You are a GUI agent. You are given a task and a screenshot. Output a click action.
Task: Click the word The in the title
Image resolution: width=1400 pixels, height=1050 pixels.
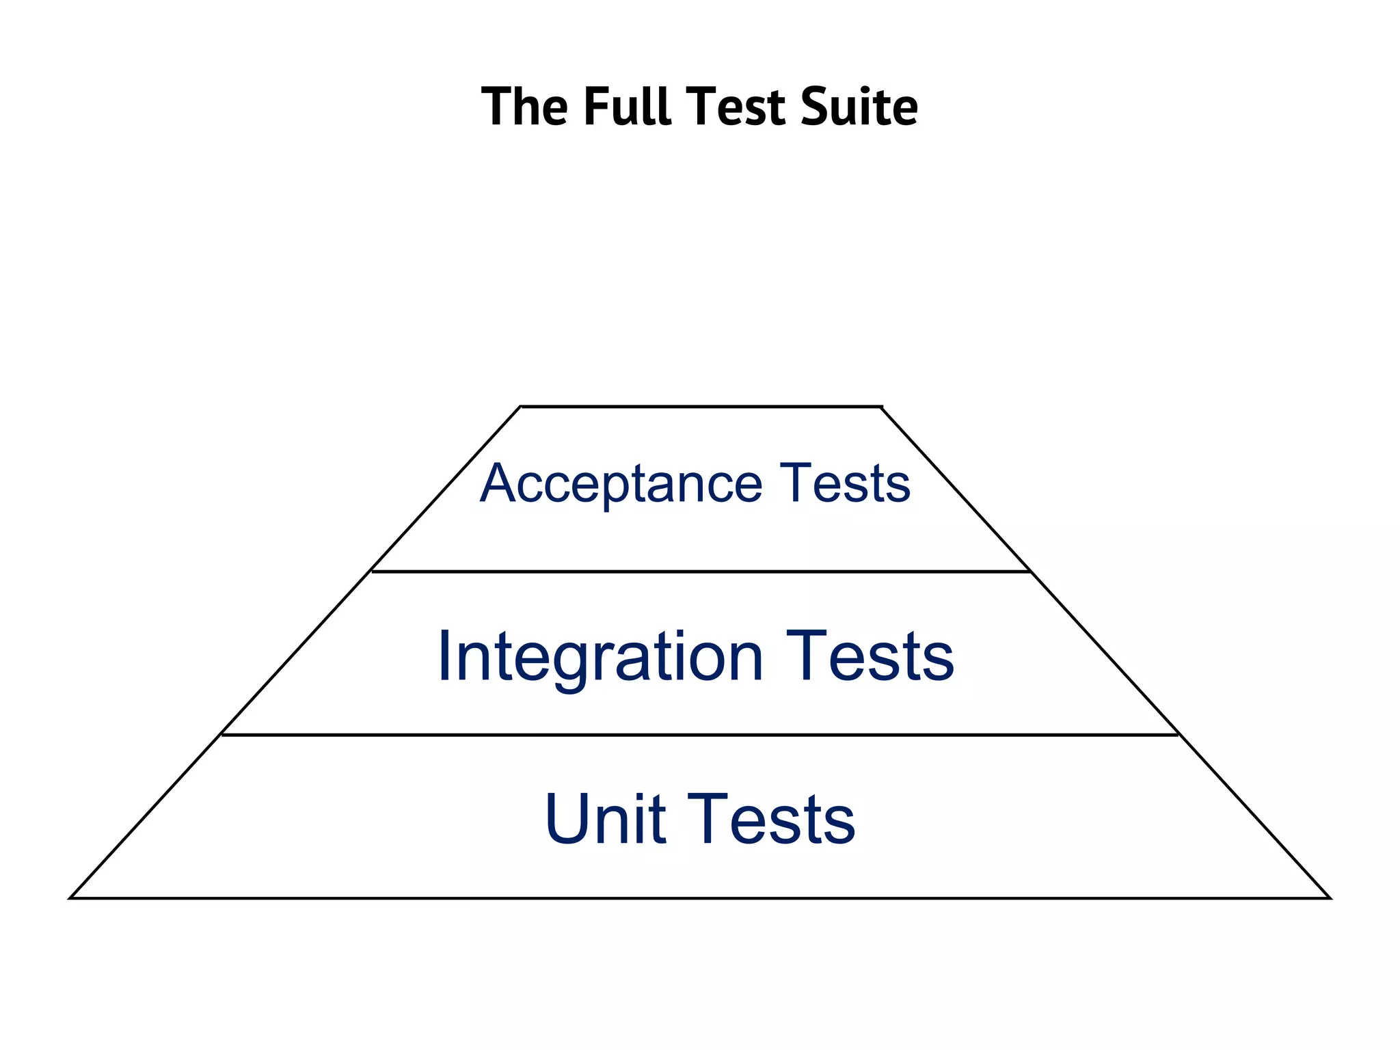click(x=524, y=107)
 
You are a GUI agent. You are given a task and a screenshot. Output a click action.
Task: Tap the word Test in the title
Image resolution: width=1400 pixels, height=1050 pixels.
click(x=735, y=107)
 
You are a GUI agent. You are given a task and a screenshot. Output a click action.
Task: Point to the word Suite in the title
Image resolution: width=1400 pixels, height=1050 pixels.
click(x=859, y=107)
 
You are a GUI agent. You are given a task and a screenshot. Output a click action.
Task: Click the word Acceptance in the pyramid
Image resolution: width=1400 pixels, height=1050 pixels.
click(x=621, y=484)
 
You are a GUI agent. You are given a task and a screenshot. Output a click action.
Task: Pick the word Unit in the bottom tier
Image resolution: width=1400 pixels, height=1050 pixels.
click(x=605, y=819)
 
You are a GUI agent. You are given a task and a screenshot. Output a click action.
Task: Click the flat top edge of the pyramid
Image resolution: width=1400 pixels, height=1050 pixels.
click(x=701, y=407)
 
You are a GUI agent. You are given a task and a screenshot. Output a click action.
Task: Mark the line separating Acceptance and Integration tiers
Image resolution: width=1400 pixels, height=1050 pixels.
click(x=701, y=571)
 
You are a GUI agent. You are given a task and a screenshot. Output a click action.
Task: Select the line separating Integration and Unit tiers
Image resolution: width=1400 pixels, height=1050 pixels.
click(x=701, y=735)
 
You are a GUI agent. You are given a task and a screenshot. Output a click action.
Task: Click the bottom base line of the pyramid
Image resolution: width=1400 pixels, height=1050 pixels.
click(x=701, y=898)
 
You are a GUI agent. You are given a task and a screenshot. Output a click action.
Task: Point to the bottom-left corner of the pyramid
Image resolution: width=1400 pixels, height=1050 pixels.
click(x=71, y=898)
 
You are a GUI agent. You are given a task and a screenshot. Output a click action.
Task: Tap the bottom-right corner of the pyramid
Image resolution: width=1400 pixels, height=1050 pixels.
click(x=1330, y=898)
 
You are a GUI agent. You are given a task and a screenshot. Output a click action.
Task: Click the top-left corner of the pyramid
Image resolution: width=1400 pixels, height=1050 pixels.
click(x=521, y=407)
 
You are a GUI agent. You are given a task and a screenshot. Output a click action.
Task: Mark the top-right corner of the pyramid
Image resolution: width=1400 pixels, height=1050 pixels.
click(x=882, y=407)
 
